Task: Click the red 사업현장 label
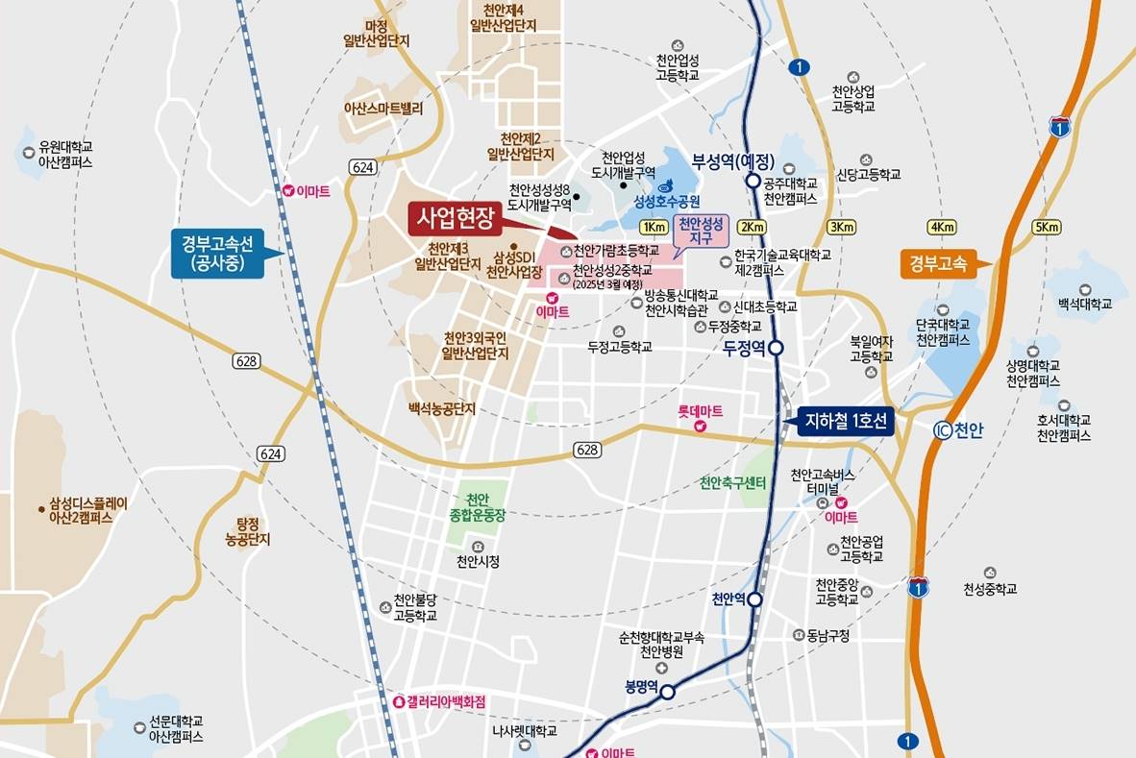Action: pyautogui.click(x=455, y=218)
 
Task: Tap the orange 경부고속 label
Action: pyautogui.click(x=936, y=261)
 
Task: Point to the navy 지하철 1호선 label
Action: pyautogui.click(x=847, y=420)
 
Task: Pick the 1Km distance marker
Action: pyautogui.click(x=654, y=227)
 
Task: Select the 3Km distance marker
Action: pyautogui.click(x=842, y=227)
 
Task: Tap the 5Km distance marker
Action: pyautogui.click(x=1047, y=227)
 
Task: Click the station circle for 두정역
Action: pyautogui.click(x=777, y=349)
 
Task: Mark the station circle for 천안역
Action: pyautogui.click(x=755, y=599)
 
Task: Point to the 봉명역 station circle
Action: pyautogui.click(x=667, y=692)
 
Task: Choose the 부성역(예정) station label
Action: pyautogui.click(x=733, y=160)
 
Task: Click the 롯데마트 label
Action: pyautogui.click(x=700, y=411)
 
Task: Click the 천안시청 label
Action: pyautogui.click(x=478, y=561)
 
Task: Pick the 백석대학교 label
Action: pyautogui.click(x=1084, y=304)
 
